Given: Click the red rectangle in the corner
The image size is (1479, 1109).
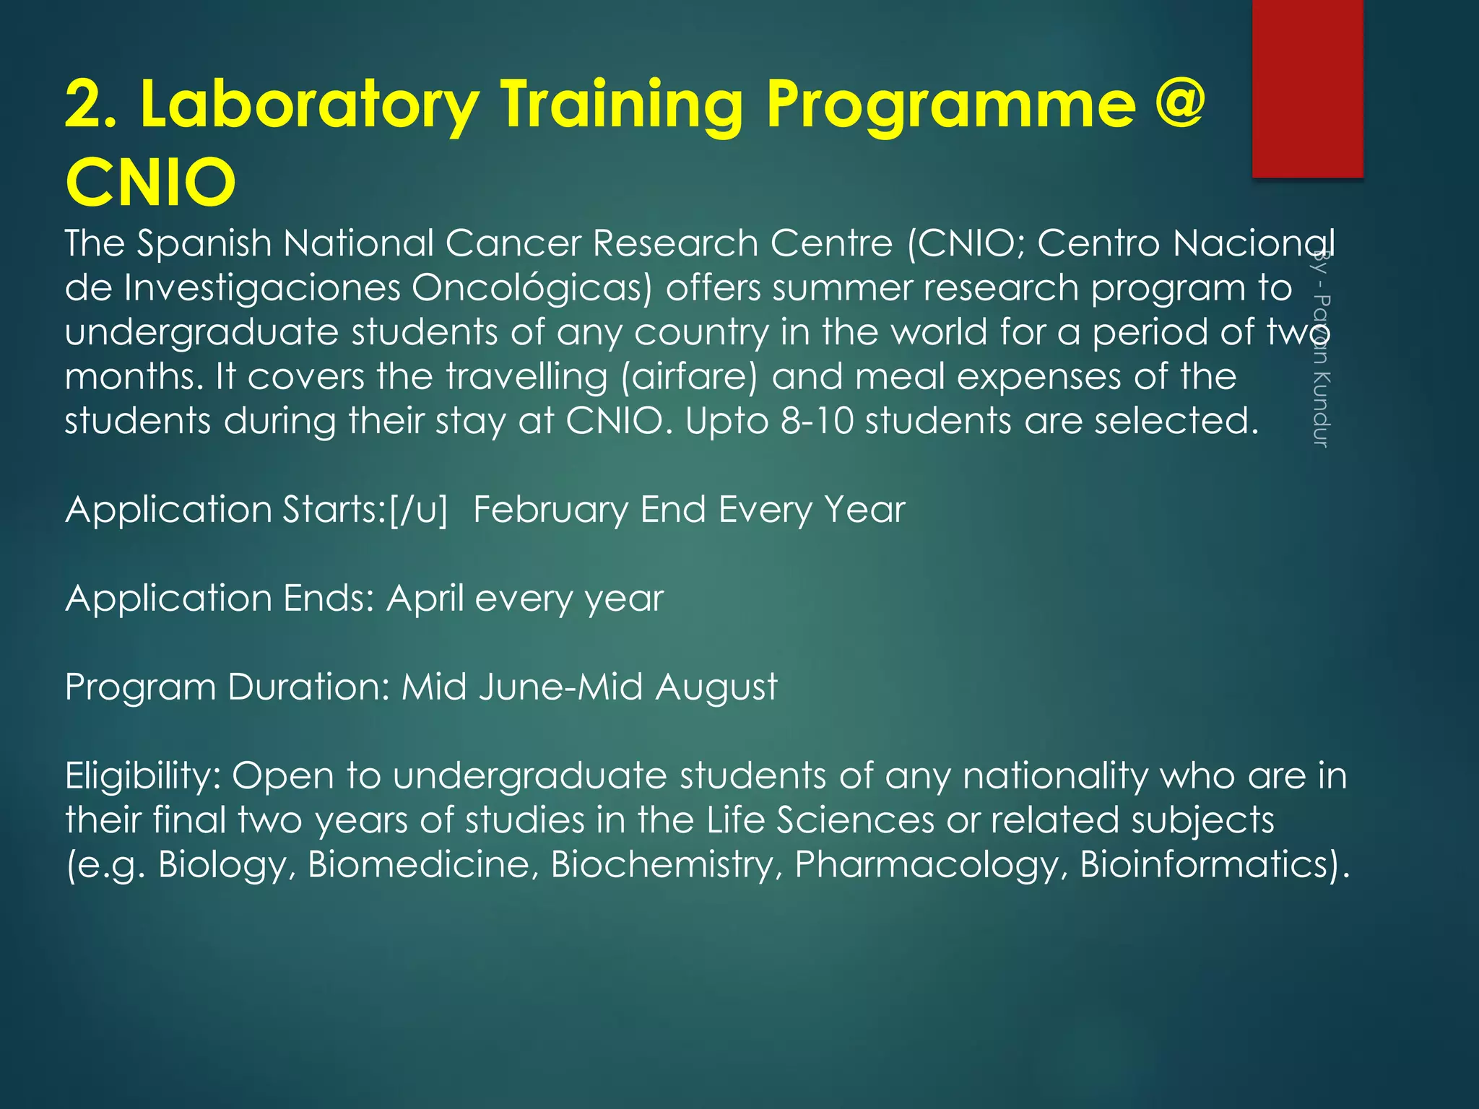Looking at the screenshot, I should point(1307,88).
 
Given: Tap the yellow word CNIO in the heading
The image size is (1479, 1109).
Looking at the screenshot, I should point(150,182).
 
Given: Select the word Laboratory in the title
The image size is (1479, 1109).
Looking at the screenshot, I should point(310,105).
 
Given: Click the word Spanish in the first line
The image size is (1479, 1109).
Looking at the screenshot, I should point(204,243).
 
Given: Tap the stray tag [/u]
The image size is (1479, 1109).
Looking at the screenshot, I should point(417,510).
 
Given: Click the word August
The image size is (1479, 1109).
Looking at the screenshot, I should point(716,687).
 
